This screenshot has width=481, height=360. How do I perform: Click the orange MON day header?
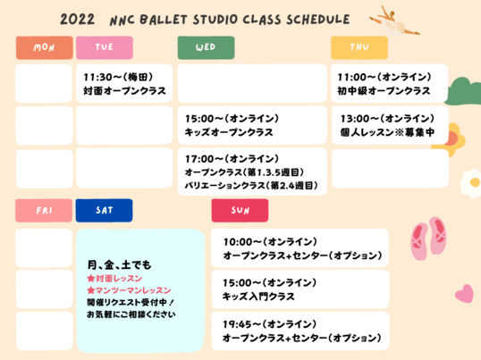[45, 47]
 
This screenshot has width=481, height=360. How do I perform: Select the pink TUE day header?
[105, 47]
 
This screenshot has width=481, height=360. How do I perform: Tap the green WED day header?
[206, 47]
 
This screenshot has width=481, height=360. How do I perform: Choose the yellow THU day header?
[359, 47]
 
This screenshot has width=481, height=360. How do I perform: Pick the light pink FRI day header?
[44, 211]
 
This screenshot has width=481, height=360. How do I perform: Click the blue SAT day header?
[105, 211]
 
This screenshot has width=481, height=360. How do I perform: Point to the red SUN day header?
[240, 211]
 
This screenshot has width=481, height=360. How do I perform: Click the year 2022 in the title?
[77, 20]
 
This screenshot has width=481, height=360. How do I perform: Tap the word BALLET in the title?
[164, 20]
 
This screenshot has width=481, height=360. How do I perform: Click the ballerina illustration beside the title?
[394, 21]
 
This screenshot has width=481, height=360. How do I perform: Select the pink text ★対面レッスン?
[114, 278]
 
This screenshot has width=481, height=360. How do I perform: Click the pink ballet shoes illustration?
[428, 238]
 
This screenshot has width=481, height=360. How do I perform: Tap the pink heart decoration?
[465, 293]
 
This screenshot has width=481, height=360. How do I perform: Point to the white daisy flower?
[471, 183]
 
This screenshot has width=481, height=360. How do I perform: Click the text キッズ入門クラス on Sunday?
[258, 297]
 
